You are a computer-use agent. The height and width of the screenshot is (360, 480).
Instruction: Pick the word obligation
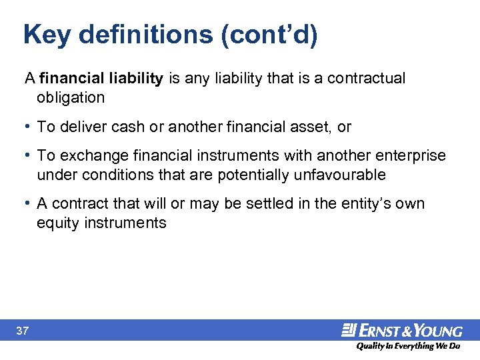pyautogui.click(x=71, y=97)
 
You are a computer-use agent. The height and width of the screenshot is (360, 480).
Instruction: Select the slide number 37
pyautogui.click(x=22, y=331)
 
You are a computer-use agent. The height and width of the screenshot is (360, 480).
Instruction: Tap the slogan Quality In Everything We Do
pyautogui.click(x=407, y=346)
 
